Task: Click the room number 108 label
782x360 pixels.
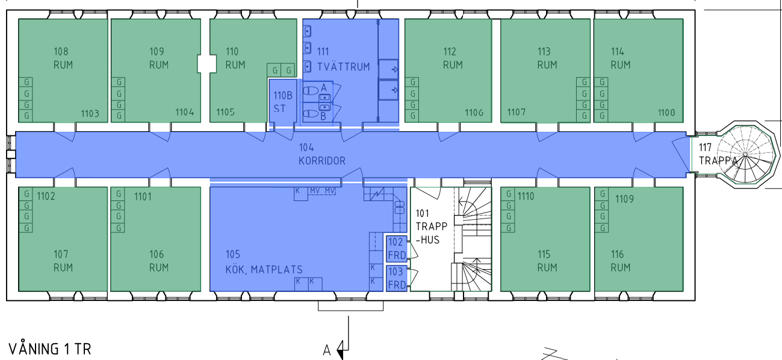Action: (61, 52)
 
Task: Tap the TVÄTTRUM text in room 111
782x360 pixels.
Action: (344, 67)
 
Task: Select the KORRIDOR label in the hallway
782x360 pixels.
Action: (322, 161)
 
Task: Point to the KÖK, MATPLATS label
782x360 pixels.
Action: (264, 270)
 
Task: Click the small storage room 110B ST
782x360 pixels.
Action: (283, 103)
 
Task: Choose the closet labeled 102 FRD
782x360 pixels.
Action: (397, 249)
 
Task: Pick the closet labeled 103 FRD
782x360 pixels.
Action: (397, 278)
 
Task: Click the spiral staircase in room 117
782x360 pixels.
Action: (745, 154)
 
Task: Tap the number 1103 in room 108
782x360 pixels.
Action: (90, 114)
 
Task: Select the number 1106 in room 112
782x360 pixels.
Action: (474, 113)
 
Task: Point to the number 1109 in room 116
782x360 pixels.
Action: (624, 199)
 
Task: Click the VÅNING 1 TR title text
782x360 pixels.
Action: (49, 349)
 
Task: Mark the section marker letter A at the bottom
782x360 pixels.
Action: (326, 350)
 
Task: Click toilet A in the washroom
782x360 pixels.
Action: (311, 91)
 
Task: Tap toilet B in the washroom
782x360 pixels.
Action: (311, 114)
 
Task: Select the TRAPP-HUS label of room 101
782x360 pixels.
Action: (432, 233)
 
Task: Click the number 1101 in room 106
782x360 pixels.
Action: (143, 197)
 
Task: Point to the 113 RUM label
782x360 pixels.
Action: (547, 58)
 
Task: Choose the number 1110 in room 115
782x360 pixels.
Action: (526, 196)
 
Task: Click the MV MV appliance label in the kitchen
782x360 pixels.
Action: (322, 191)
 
